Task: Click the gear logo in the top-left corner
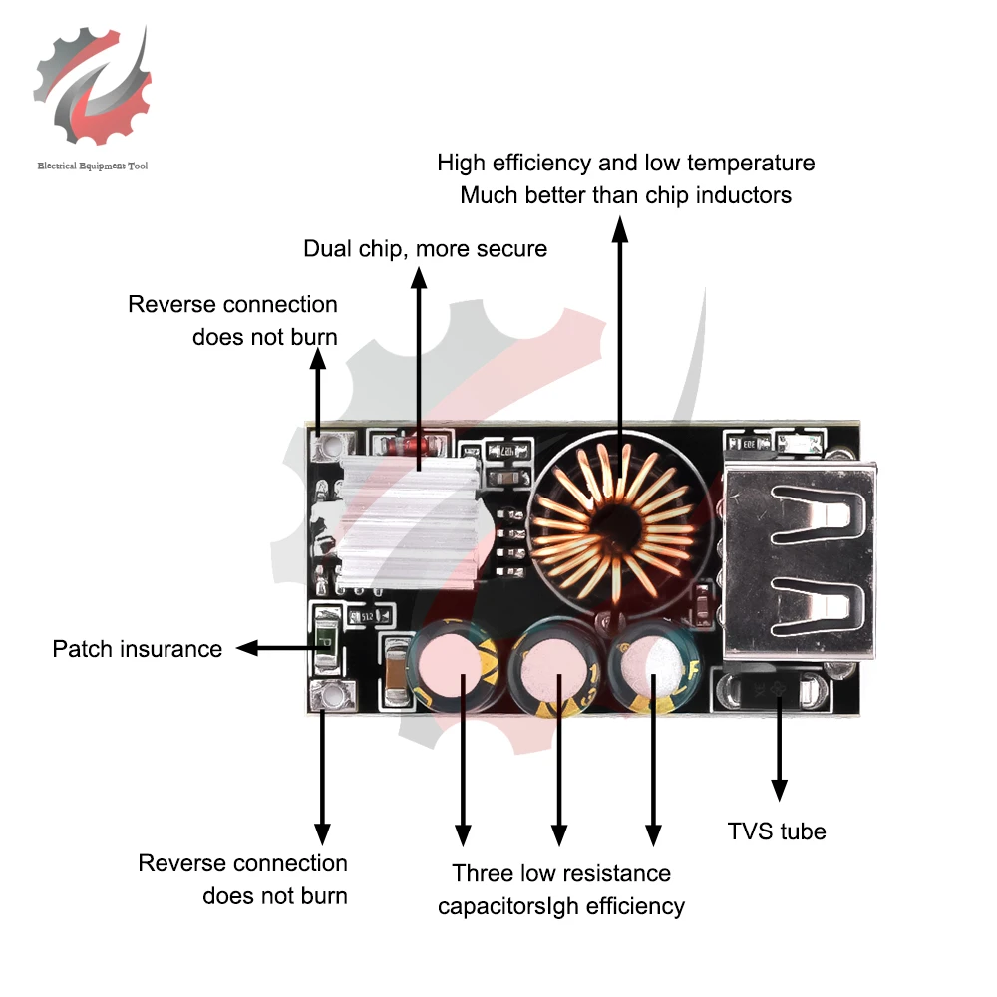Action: click(93, 86)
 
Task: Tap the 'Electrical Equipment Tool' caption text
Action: click(93, 166)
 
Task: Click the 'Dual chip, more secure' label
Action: click(425, 249)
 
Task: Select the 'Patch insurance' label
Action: click(138, 649)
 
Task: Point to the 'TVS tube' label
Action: click(777, 831)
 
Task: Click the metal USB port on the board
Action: click(799, 560)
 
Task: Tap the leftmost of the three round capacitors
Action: click(454, 663)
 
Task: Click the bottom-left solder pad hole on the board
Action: click(331, 696)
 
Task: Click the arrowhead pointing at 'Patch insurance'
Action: click(247, 649)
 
